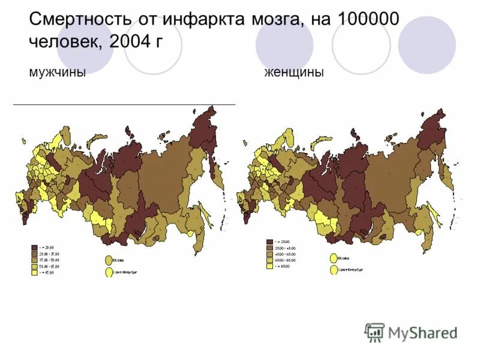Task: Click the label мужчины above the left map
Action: pyautogui.click(x=57, y=73)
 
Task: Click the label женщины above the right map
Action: pyautogui.click(x=294, y=73)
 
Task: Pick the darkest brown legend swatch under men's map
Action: pyautogui.click(x=34, y=247)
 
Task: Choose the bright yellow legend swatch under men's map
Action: pyautogui.click(x=34, y=273)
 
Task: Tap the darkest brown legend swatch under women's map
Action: pyautogui.click(x=270, y=242)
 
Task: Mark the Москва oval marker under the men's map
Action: pyautogui.click(x=109, y=260)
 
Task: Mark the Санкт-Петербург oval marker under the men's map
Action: pyautogui.click(x=109, y=272)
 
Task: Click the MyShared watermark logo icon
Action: pyautogui.click(x=375, y=332)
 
